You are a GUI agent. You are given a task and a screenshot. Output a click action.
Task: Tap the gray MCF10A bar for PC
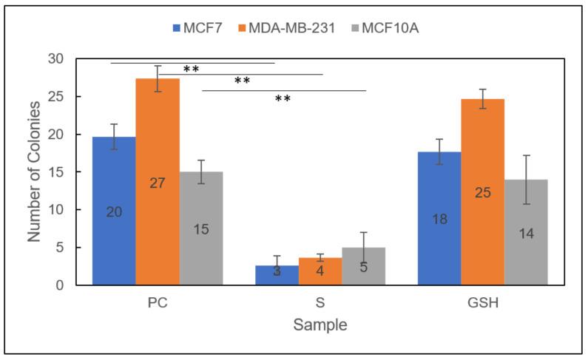(200, 228)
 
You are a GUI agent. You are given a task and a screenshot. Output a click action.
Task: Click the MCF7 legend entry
(197, 29)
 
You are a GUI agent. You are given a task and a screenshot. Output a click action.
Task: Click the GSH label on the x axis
(483, 303)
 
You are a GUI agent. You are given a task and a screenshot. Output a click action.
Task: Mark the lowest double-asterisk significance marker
(283, 98)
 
